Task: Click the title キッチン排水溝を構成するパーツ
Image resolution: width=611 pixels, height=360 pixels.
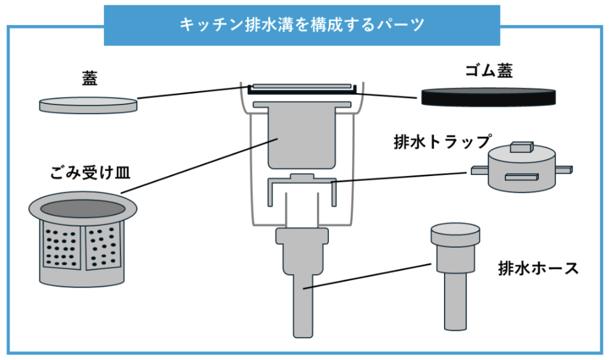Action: (x=302, y=25)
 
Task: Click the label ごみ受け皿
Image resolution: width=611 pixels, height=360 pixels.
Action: (x=90, y=174)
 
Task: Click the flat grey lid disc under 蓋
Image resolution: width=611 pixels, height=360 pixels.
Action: (x=88, y=104)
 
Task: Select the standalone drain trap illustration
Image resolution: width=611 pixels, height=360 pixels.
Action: (x=522, y=170)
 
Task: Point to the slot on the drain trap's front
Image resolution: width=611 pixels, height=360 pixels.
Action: (x=523, y=177)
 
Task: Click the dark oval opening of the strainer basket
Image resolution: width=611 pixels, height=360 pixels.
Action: (x=83, y=208)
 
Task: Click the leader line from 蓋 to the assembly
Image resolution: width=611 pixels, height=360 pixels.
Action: (x=191, y=93)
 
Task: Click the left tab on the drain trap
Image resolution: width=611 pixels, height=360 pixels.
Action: (x=479, y=171)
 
